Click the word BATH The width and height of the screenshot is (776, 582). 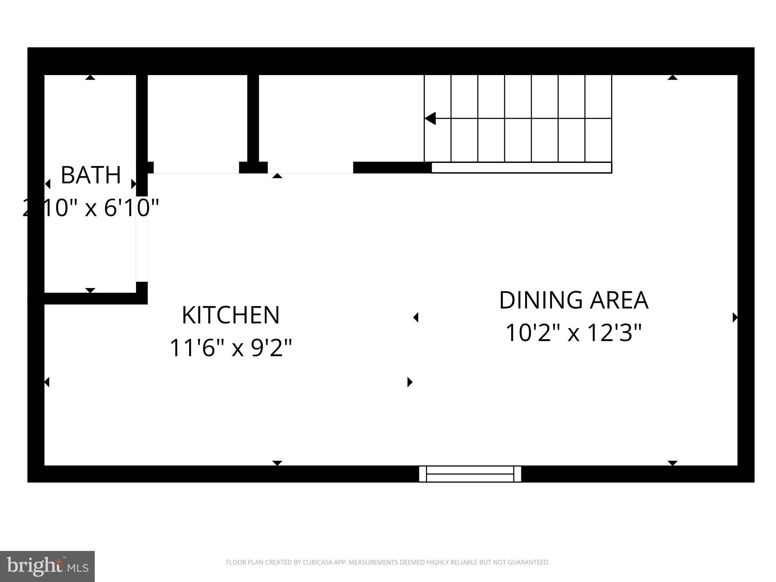tap(91, 175)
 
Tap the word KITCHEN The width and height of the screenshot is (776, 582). tap(230, 315)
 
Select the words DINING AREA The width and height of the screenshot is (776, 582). tap(573, 300)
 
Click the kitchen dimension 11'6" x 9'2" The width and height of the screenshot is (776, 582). tap(230, 348)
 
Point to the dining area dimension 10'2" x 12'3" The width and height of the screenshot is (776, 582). tap(573, 333)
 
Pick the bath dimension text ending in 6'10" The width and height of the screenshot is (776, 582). tap(91, 208)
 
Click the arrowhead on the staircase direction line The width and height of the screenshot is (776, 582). tap(430, 118)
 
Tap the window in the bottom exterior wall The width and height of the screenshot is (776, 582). tap(470, 474)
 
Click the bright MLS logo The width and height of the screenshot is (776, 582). tap(47, 566)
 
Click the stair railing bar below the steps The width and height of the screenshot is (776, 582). tap(521, 167)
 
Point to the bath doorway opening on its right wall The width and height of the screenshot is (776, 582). tap(142, 239)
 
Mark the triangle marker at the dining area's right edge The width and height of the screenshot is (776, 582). tap(735, 317)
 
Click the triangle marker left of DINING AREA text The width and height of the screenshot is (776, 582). tap(416, 317)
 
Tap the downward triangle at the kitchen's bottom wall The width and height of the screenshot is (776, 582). tap(277, 463)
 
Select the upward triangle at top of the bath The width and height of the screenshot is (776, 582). tap(90, 77)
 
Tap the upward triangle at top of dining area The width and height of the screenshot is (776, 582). tap(673, 77)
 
